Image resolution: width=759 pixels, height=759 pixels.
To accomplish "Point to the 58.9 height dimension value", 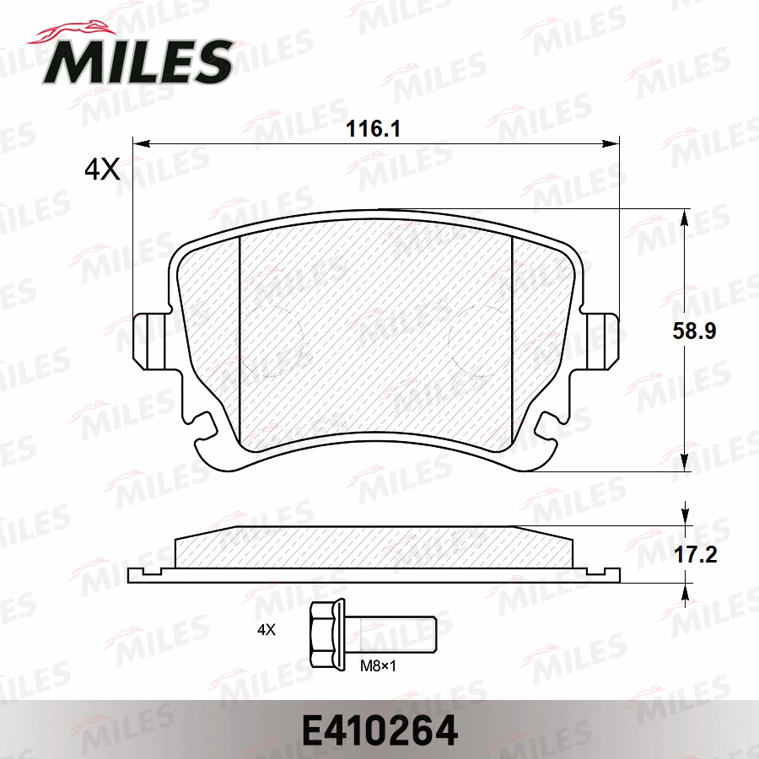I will (x=694, y=331).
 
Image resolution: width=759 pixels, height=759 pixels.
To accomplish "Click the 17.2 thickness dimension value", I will (x=694, y=554).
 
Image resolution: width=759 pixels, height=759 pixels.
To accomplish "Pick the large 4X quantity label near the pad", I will (x=102, y=171).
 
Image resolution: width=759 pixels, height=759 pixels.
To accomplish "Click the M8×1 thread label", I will (x=379, y=665).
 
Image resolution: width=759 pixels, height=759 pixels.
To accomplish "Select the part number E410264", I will (x=379, y=729).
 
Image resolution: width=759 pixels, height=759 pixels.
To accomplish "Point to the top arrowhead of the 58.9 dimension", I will (x=684, y=216).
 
